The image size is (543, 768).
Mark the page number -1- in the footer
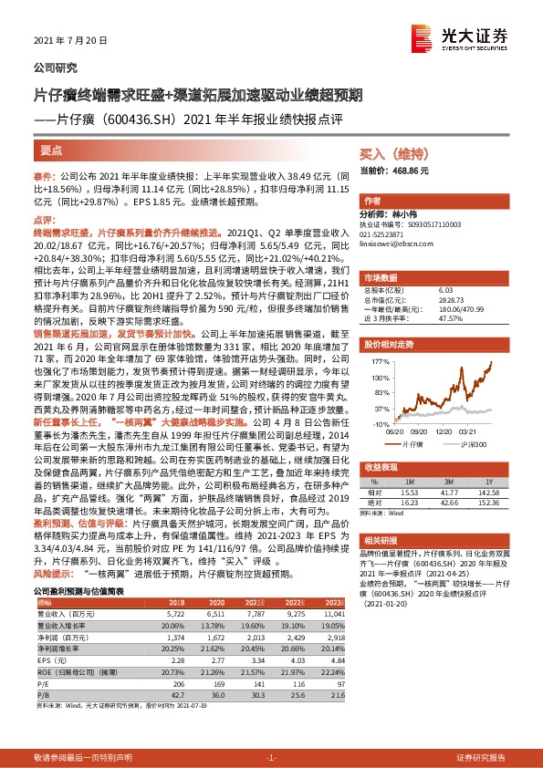coord(271,758)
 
